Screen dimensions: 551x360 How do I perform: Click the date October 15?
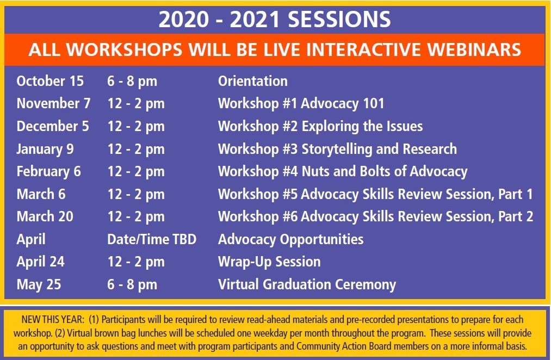(x=50, y=81)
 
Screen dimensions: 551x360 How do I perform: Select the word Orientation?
(x=253, y=81)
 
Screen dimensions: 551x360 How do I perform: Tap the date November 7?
(x=53, y=104)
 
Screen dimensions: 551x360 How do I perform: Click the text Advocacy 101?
(x=343, y=104)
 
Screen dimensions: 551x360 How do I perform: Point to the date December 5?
(x=53, y=127)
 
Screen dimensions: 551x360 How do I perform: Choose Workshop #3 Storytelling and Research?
(x=337, y=149)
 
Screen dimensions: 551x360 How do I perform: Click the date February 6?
(x=48, y=172)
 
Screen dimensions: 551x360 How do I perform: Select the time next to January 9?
(x=135, y=149)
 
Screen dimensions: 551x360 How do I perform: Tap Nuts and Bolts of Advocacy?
(x=385, y=172)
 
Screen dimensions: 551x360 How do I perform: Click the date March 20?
(x=45, y=216)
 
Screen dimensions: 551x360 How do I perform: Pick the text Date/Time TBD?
(x=151, y=239)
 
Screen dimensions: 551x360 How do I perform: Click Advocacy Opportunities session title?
(x=290, y=239)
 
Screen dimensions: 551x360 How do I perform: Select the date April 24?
(x=40, y=262)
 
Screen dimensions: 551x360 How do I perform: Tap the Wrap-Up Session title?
(x=269, y=262)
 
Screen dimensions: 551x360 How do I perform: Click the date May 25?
(x=39, y=284)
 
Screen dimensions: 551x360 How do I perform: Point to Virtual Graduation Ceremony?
(x=307, y=284)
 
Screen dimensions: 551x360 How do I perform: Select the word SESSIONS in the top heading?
(x=339, y=20)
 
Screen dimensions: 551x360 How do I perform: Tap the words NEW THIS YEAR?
(x=53, y=320)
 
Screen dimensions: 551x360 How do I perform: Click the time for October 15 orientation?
(x=132, y=82)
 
